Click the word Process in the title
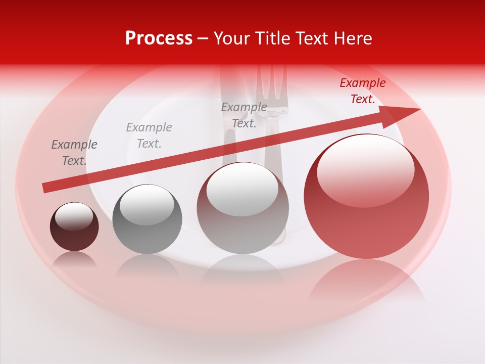tap(159, 38)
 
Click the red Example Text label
tap(362, 91)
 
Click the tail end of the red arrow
tap(45, 188)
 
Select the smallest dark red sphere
tap(74, 227)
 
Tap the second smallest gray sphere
tap(147, 219)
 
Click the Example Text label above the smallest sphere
tap(74, 153)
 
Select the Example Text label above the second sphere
tap(149, 135)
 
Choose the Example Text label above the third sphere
tap(244, 115)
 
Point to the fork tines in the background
tap(272, 86)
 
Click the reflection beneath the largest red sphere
tap(366, 281)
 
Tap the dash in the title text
tap(203, 38)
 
